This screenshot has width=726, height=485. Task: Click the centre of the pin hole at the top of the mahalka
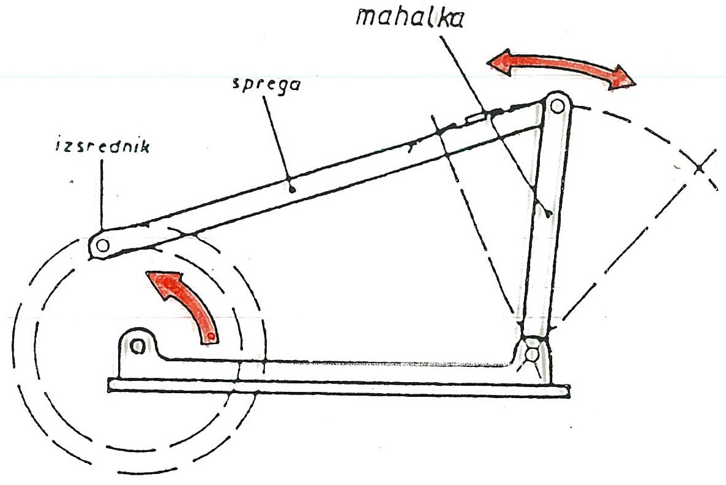pyautogui.click(x=558, y=106)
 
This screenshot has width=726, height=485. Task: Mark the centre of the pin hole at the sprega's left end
pyautogui.click(x=102, y=244)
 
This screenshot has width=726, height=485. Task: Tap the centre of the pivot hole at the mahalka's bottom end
pyautogui.click(x=532, y=355)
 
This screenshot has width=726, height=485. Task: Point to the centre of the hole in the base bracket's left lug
pyautogui.click(x=137, y=345)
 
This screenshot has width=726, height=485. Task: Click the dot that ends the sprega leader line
pyautogui.click(x=292, y=189)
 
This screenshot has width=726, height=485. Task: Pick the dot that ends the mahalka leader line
pyautogui.click(x=548, y=214)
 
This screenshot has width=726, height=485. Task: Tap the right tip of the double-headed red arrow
pyautogui.click(x=635, y=83)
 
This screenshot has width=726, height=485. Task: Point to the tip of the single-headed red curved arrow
pyautogui.click(x=146, y=273)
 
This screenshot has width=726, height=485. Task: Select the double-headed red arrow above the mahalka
pyautogui.click(x=561, y=69)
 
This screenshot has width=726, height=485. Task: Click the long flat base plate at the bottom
pyautogui.click(x=339, y=387)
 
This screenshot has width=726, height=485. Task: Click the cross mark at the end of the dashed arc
pyautogui.click(x=700, y=168)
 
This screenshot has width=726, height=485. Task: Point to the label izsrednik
pyautogui.click(x=102, y=146)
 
